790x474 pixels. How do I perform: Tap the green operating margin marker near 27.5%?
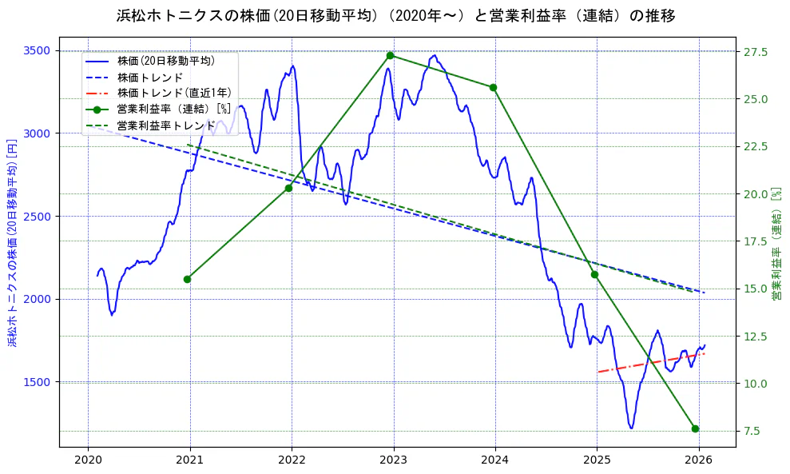coord(390,55)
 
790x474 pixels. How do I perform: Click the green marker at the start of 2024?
coord(493,87)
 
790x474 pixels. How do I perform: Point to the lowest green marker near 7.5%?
coord(695,428)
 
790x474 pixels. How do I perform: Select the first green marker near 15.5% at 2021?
coord(187,279)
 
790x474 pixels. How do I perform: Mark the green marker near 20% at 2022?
coord(288,188)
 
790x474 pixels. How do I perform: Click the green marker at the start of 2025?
coord(594,274)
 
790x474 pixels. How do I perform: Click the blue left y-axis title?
coord(12,242)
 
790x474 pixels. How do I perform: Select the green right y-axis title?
coord(776,244)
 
